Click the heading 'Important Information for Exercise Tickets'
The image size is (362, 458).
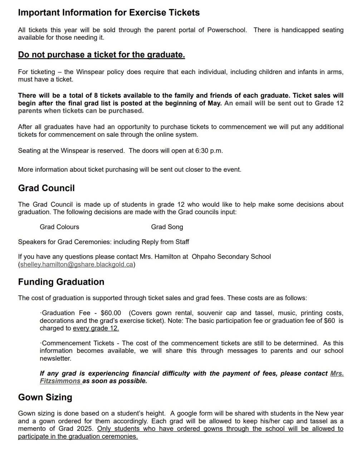coord(109,13)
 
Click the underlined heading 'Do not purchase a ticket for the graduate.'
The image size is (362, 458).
coord(102,55)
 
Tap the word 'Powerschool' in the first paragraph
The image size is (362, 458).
coord(227,30)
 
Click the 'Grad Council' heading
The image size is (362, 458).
coord(47,188)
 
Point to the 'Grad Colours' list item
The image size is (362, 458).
coord(59,227)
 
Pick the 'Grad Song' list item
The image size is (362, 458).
coord(167,227)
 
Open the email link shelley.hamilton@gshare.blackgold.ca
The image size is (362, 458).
coord(77,265)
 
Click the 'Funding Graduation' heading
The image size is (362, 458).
coord(61,282)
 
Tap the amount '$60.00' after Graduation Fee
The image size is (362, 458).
coord(111,313)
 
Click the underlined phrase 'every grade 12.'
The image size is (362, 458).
coord(96,328)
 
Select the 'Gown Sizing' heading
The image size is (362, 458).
coord(45,397)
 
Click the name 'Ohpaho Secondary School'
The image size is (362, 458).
coord(231,257)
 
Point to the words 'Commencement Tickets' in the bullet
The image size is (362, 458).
coord(78,343)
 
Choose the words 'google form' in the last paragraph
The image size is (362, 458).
coord(199,413)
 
